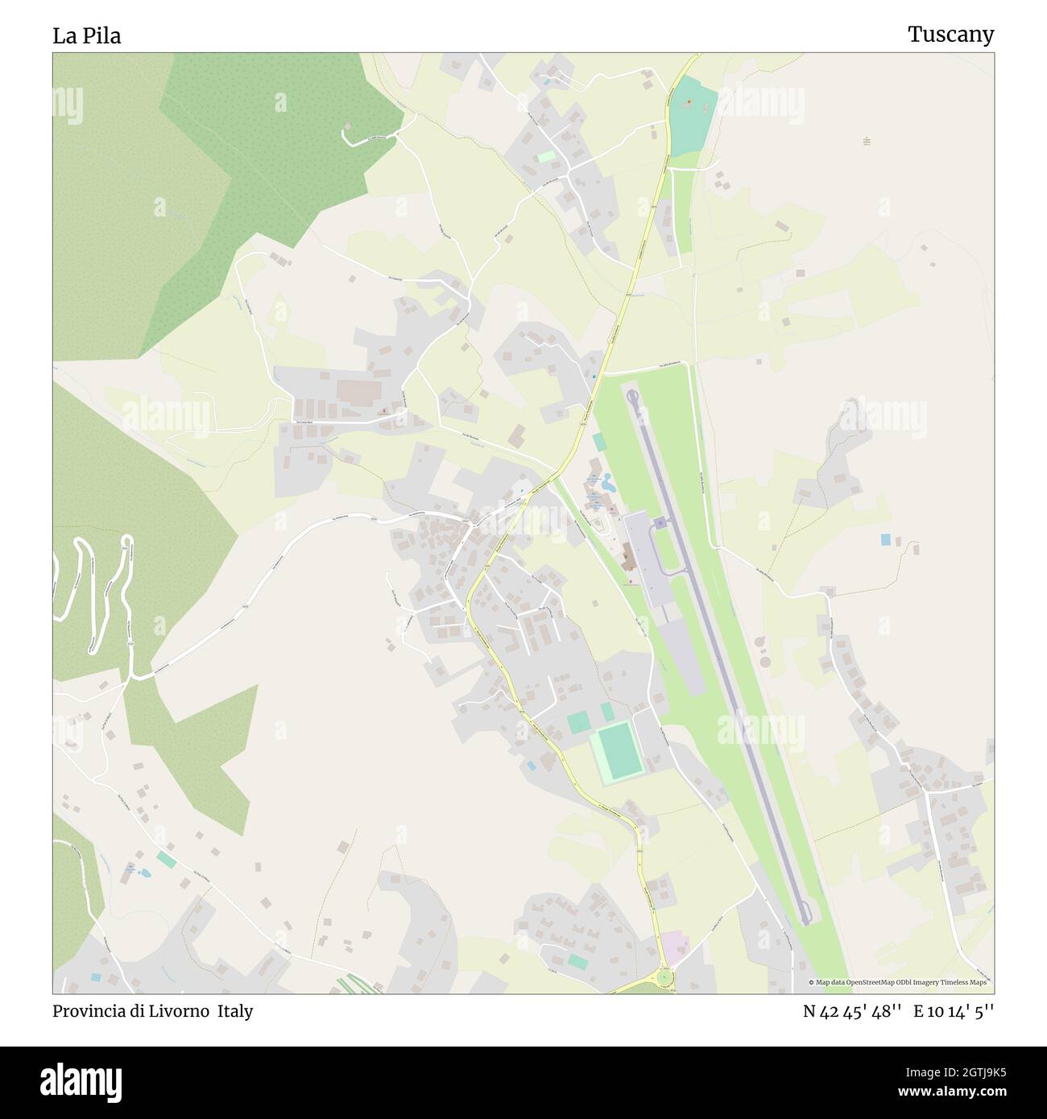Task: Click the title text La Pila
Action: pyautogui.click(x=87, y=35)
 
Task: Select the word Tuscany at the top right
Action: pyautogui.click(x=950, y=34)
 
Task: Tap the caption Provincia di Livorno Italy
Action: pyautogui.click(x=153, y=1011)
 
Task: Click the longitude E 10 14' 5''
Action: pyautogui.click(x=954, y=1011)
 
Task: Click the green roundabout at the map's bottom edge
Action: pyautogui.click(x=664, y=977)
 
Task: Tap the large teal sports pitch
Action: pyautogui.click(x=618, y=751)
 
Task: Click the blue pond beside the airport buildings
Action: pyautogui.click(x=606, y=485)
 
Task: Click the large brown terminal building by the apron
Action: pyautogui.click(x=628, y=555)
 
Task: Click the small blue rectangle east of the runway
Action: pyautogui.click(x=886, y=539)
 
